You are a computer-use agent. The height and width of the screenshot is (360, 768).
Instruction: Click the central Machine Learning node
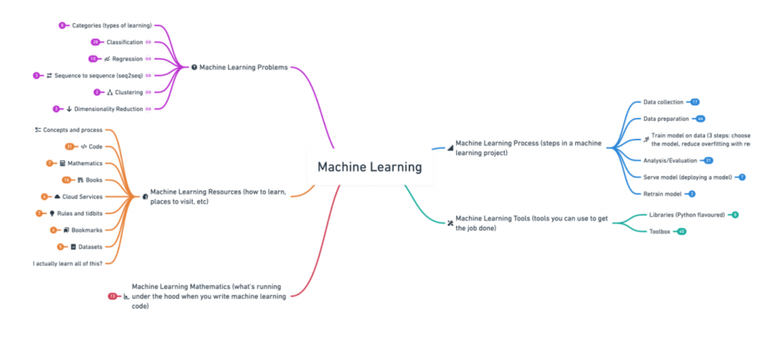(370, 166)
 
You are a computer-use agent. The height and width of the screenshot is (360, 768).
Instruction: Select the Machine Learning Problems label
(243, 67)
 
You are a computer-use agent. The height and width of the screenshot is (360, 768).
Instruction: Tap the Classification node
(124, 42)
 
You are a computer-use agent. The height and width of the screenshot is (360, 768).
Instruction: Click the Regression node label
(127, 58)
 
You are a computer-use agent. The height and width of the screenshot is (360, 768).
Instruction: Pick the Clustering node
(129, 92)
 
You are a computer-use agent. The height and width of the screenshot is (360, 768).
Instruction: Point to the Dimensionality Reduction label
(109, 109)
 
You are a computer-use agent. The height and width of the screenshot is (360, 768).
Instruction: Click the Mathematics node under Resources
(85, 163)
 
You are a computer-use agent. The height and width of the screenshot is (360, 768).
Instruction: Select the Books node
(94, 180)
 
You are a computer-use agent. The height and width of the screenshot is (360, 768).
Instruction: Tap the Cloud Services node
(82, 196)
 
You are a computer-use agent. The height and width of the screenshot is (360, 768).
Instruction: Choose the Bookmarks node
(87, 229)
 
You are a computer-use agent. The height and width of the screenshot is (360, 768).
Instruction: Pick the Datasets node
(89, 246)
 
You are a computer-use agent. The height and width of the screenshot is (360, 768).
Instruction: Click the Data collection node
(663, 101)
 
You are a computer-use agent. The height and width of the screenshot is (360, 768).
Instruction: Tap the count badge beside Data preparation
(700, 118)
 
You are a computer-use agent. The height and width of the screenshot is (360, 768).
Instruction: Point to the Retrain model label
(662, 193)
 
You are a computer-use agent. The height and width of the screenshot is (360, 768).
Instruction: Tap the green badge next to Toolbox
(681, 232)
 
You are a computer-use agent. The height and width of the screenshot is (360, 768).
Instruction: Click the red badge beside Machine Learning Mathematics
(112, 296)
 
